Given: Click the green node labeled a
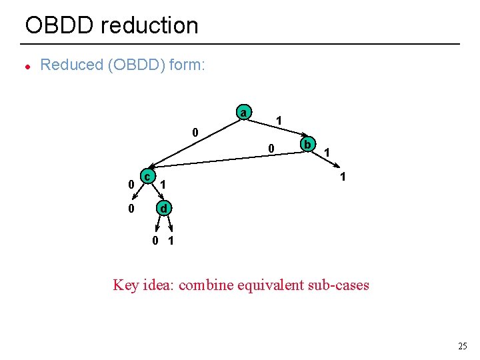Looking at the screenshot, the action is pyautogui.click(x=244, y=113).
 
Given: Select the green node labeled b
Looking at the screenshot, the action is pyautogui.click(x=307, y=145).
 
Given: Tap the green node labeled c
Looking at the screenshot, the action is pyautogui.click(x=149, y=175).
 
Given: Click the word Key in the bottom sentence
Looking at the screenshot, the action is pyautogui.click(x=126, y=285).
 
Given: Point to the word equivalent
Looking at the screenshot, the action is pyautogui.click(x=274, y=285).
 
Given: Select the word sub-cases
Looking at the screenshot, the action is pyautogui.click(x=343, y=285).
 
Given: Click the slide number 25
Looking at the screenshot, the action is pyautogui.click(x=463, y=345).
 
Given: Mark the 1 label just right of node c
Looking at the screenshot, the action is pyautogui.click(x=164, y=183).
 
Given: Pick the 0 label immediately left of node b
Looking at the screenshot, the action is pyautogui.click(x=271, y=148).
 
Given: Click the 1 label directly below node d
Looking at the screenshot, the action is pyautogui.click(x=171, y=241).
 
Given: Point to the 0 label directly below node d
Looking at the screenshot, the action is pyautogui.click(x=155, y=241).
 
